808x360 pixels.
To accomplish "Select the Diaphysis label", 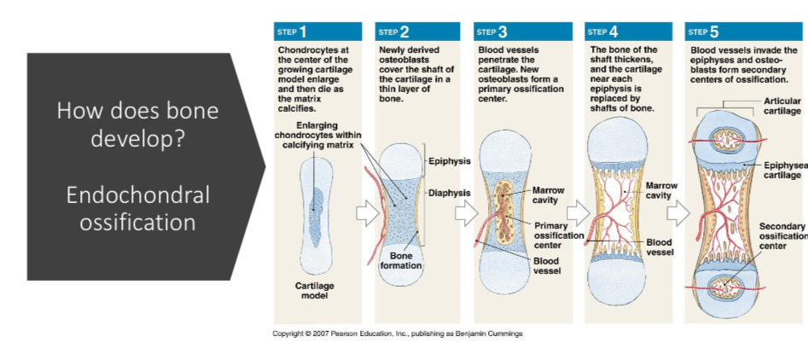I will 450,192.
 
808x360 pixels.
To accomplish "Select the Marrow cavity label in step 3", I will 547,195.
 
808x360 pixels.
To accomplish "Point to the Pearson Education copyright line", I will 398,334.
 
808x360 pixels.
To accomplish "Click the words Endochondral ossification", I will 137,208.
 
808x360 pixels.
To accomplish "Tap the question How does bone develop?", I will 137,124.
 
